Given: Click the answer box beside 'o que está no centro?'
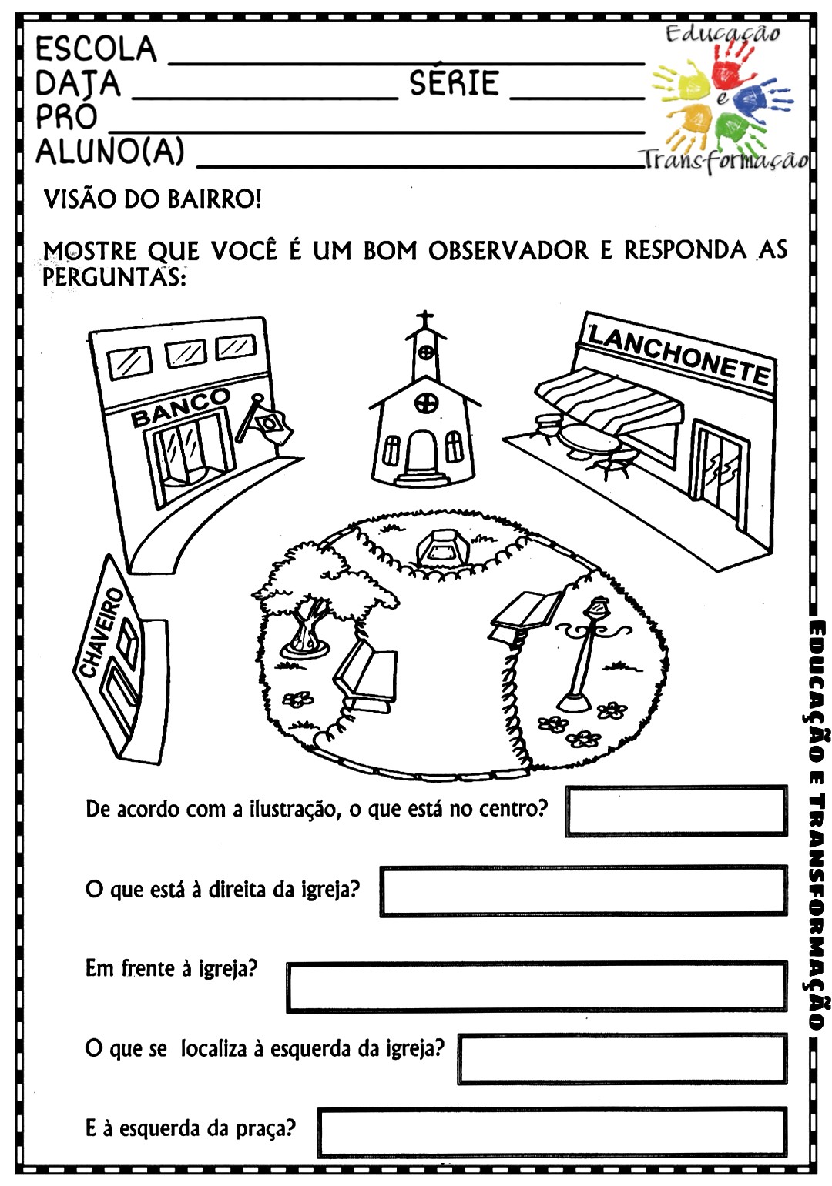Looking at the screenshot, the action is [676, 811].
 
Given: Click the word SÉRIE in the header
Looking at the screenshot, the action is [455, 83].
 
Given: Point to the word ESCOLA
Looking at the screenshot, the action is [96, 48].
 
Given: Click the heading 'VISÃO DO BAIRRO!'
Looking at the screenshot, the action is [153, 199].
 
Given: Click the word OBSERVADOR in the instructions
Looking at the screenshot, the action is [508, 251].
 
